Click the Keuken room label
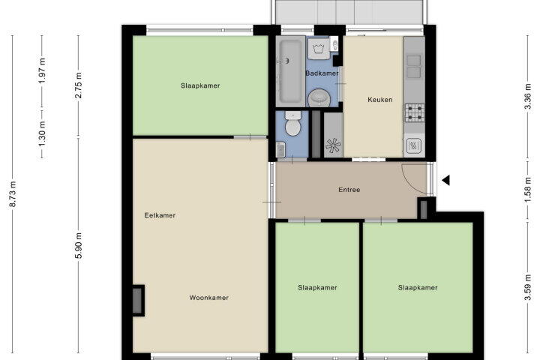coord(379,100)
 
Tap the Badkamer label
coord(322,73)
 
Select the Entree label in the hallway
coord(349,190)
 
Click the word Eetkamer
coord(160,215)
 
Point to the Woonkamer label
coord(209,298)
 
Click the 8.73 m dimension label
coord(13,194)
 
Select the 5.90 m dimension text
coord(79,246)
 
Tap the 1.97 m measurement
coord(42,70)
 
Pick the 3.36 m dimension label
coord(527,97)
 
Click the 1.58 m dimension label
coord(527,190)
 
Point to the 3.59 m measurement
coord(527,287)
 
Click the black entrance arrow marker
coord(446,180)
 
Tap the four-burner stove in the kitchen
coord(414,113)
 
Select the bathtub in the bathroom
coord(290,71)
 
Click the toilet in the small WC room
coord(293,124)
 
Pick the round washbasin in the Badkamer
coord(319,98)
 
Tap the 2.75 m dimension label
coord(79,85)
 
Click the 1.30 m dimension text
coord(42,133)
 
